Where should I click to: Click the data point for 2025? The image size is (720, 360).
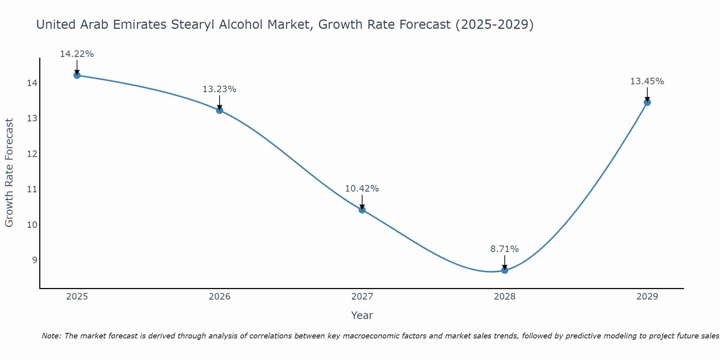[x=77, y=75]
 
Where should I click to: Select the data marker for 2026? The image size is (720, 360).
[x=220, y=110]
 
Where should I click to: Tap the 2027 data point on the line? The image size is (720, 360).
[x=362, y=210]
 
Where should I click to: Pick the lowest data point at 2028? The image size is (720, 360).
[x=505, y=270]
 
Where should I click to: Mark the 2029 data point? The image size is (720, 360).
[x=647, y=102]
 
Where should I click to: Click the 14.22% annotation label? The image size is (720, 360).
[x=77, y=54]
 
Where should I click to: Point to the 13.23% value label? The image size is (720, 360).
[x=219, y=89]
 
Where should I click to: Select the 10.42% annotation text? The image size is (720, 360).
[x=362, y=189]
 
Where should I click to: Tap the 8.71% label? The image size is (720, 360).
[x=504, y=249]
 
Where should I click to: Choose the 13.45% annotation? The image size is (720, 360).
[x=647, y=81]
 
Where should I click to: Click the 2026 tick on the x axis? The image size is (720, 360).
[x=220, y=297]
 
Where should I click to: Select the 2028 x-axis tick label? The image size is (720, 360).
[x=505, y=297]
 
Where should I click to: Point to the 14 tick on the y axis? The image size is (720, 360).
[x=32, y=84]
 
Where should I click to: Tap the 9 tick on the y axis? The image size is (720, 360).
[x=35, y=260]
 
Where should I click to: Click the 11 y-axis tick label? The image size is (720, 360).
[x=32, y=189]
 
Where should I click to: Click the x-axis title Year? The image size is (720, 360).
[x=362, y=315]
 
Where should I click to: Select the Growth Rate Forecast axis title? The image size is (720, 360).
[x=9, y=173]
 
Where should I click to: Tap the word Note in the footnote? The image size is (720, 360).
[x=51, y=336]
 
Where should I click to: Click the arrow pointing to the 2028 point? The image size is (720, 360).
[x=505, y=262]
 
